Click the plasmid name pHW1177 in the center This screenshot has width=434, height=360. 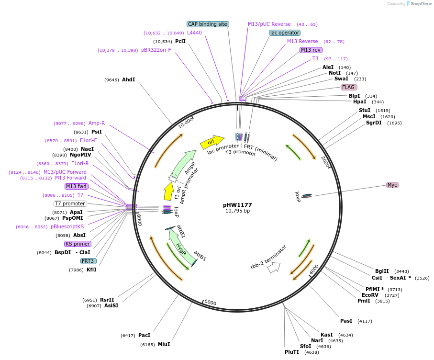[x=237, y=205]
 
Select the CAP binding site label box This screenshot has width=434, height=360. [x=208, y=24]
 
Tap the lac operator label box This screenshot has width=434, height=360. [x=285, y=33]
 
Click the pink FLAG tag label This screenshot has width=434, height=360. [x=348, y=88]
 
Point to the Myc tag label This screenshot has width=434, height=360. [x=392, y=185]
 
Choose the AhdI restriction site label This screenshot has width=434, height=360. [x=128, y=79]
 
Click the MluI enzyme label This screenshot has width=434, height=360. [x=164, y=344]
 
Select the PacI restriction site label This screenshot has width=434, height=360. [x=144, y=336]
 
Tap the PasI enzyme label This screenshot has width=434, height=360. [x=346, y=321]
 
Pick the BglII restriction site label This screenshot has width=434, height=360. [x=382, y=271]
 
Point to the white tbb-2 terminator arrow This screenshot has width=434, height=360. [x=274, y=268]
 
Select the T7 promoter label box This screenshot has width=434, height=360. [x=70, y=203]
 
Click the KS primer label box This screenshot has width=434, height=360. [x=78, y=244]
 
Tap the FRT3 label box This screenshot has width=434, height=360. [x=88, y=261]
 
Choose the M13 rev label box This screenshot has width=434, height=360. [x=311, y=50]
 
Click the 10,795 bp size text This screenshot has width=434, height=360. [x=237, y=211]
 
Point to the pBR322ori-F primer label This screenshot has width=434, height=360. [x=156, y=50]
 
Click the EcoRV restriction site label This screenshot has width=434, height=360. [x=370, y=295]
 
